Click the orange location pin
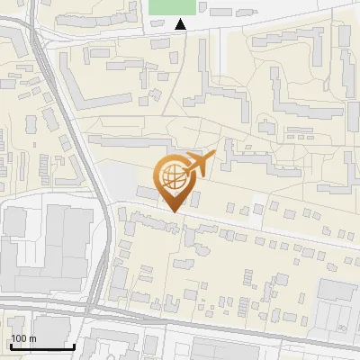point(173,181)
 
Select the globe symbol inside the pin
point(173,175)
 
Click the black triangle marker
point(181,25)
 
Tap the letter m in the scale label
point(33,338)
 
